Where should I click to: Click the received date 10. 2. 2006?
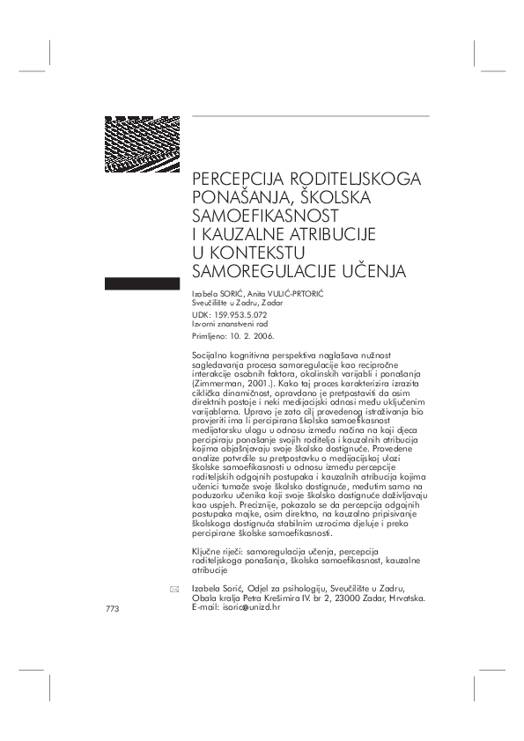click(255, 335)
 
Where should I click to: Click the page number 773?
click(111, 609)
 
